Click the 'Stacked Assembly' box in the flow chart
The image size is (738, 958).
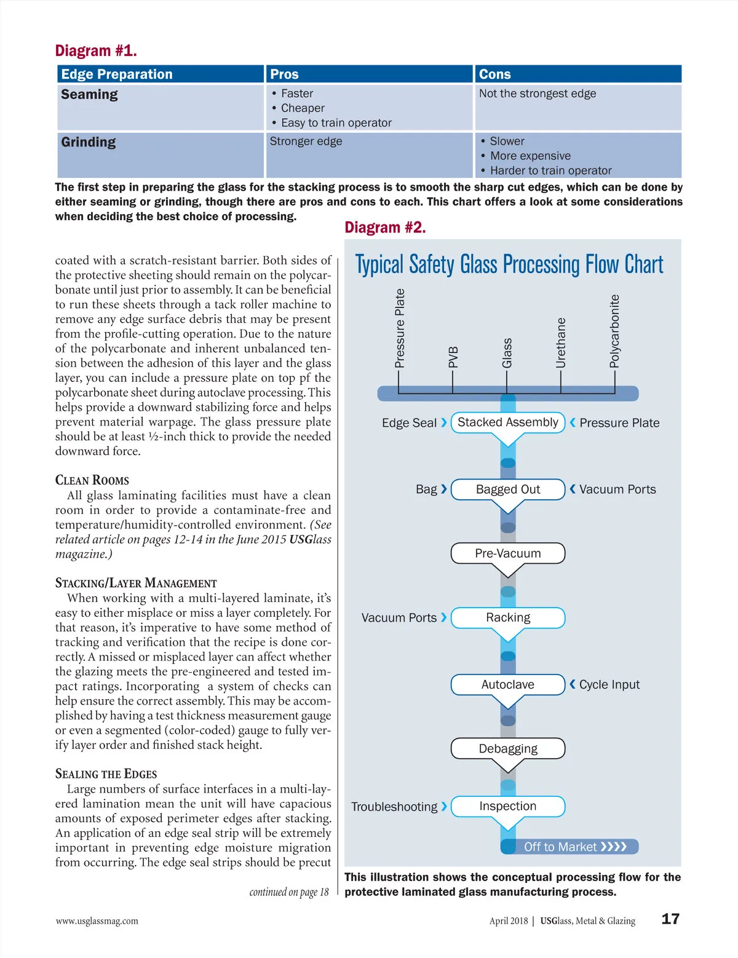[x=508, y=422]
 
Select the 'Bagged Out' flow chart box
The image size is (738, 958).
[x=508, y=489]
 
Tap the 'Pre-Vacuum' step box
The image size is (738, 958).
[x=508, y=553]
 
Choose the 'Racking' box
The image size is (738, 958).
[x=508, y=617]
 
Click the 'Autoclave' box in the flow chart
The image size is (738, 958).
[x=508, y=684]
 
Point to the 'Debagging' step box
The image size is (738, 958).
[x=508, y=748]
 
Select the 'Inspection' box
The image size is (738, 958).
[x=508, y=806]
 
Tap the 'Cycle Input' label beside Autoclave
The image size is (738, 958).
[x=609, y=684]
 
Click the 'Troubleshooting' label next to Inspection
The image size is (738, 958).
[x=394, y=807]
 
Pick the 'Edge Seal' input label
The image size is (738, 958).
[x=409, y=423]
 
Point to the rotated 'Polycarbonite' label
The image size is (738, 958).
[x=614, y=331]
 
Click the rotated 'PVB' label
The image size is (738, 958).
[x=453, y=357]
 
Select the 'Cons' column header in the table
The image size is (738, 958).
[x=495, y=74]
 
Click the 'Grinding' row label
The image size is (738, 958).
[x=89, y=142]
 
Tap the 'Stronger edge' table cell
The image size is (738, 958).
[x=306, y=141]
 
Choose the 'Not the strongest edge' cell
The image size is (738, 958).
[x=538, y=93]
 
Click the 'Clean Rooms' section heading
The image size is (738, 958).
[x=92, y=480]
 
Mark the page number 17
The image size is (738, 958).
[x=670, y=919]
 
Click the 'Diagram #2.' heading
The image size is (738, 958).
[x=385, y=228]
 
